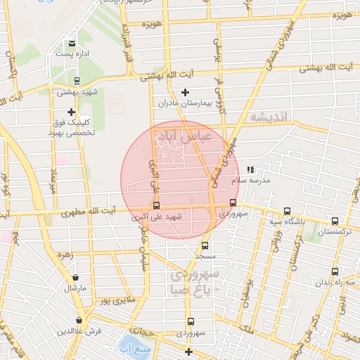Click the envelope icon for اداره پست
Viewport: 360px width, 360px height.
point(72,44)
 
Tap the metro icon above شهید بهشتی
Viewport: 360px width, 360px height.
point(77,80)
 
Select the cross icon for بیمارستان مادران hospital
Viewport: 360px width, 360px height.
point(186,92)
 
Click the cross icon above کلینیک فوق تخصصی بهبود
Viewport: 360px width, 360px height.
point(71,111)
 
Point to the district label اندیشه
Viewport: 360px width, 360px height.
point(269,117)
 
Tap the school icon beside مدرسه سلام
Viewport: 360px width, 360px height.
point(251,169)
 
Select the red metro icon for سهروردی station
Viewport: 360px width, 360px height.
point(233,203)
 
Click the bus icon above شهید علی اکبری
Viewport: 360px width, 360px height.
point(156,206)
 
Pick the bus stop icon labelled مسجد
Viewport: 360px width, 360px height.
point(205,245)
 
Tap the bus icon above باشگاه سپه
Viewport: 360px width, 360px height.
point(287,211)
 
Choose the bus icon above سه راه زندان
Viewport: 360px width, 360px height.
point(335,271)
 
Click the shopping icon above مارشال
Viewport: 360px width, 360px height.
point(75,277)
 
